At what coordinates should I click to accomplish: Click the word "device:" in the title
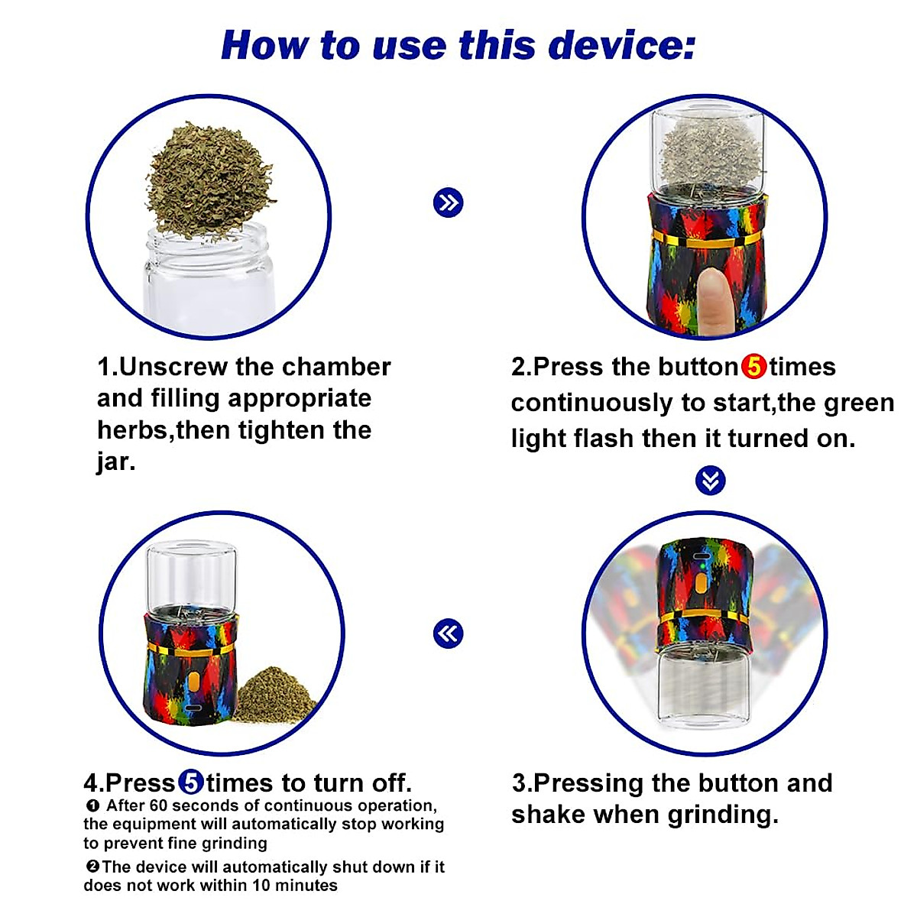[x=621, y=45]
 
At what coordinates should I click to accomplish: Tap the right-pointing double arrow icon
[x=449, y=203]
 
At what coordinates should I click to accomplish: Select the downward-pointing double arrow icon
[x=710, y=480]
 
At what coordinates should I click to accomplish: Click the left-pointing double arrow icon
[x=449, y=633]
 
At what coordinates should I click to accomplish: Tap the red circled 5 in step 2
[x=753, y=367]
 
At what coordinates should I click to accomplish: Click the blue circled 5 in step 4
[x=191, y=783]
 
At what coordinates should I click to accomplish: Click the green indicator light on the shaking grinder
[x=702, y=567]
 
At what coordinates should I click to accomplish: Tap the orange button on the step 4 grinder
[x=193, y=682]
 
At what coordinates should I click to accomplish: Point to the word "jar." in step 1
[x=116, y=462]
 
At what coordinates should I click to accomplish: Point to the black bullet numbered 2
[x=92, y=866]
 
